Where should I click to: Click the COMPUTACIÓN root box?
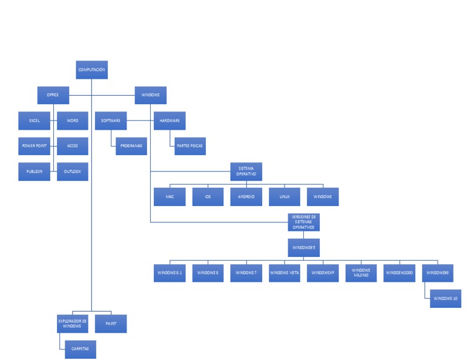coord(91,70)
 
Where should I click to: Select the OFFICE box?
coord(53,95)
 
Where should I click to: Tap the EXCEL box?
coord(34,121)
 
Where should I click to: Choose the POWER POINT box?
coord(34,146)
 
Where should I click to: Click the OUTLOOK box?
coord(73,172)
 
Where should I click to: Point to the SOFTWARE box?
coord(110,121)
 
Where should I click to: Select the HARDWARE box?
coord(169,121)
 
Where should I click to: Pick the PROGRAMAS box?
coord(131,146)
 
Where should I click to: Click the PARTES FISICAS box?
coord(190,146)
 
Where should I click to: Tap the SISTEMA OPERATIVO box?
coord(246,172)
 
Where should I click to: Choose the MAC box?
coord(170,197)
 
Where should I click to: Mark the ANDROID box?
coord(246,197)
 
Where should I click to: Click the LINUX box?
coord(285,197)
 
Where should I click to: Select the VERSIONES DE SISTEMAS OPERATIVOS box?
coord(303,222)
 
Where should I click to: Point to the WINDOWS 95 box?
coord(303,247)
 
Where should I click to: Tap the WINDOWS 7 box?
coord(246,273)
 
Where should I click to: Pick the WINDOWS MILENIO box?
coord(361,273)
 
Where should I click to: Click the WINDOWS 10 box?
coord(446,298)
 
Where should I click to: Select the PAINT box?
coord(111,324)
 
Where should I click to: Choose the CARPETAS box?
coord(81,349)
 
